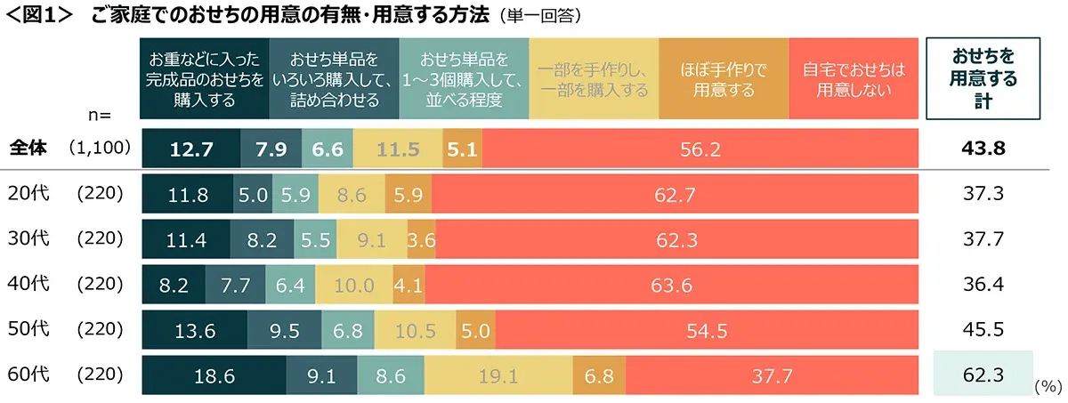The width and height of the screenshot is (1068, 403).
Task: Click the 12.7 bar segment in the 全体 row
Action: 190,149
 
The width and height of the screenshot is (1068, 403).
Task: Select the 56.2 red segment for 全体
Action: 699,149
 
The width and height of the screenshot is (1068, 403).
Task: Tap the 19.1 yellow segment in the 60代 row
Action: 498,376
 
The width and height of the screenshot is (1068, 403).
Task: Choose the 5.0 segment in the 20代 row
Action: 252,195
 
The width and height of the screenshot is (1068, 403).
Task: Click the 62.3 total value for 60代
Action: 983,376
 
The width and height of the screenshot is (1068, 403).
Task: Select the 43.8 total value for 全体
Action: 983,149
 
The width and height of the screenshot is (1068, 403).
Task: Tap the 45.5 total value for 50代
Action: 983,331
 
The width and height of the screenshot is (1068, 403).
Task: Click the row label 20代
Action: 27,195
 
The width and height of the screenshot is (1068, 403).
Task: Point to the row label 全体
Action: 28,149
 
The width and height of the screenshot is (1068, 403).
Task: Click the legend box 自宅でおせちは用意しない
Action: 853,78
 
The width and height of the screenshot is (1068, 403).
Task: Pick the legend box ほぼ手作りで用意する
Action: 723,78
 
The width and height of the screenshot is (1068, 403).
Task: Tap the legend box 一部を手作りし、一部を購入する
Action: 594,78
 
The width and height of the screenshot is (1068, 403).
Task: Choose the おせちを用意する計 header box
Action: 983,78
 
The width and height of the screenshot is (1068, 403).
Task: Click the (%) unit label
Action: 1048,387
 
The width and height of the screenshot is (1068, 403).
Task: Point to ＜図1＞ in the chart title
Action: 42,16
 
